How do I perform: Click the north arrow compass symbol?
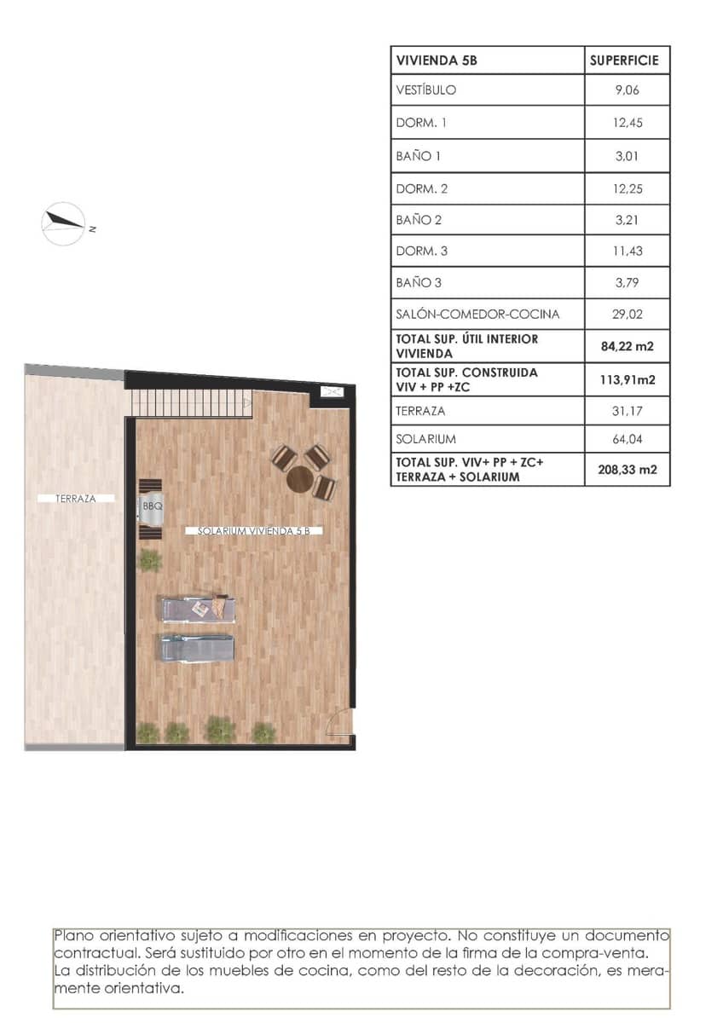(64, 224)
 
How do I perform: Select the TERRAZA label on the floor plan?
(77, 499)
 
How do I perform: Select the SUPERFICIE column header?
(626, 61)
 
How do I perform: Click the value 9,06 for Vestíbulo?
(626, 90)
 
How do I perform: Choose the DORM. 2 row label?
(422, 188)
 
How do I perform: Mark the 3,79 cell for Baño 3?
(626, 282)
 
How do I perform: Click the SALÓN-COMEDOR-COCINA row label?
(477, 314)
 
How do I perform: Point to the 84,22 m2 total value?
(626, 345)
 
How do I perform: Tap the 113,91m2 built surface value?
(626, 379)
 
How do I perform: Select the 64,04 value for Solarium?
(626, 439)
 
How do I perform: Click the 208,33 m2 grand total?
(626, 469)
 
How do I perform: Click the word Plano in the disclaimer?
(73, 935)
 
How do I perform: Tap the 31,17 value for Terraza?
(626, 411)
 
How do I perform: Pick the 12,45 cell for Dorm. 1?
(626, 123)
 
